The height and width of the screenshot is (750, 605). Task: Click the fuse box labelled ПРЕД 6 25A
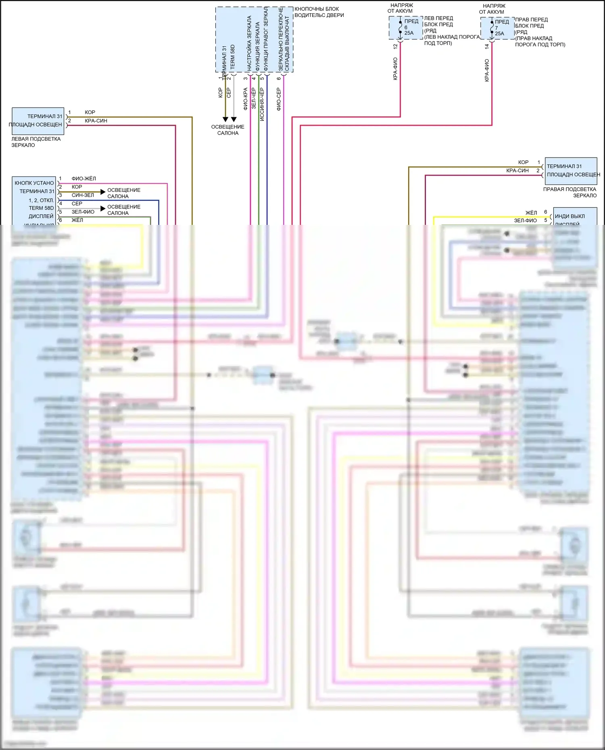coord(406,27)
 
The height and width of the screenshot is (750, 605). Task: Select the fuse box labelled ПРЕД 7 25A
coord(497,28)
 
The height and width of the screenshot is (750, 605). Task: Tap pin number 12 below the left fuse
coord(395,46)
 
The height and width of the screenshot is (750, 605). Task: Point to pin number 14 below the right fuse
coord(487,46)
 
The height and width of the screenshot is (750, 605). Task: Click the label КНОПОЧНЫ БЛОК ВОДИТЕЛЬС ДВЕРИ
coord(319,12)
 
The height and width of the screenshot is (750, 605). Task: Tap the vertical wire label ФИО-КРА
coord(245,99)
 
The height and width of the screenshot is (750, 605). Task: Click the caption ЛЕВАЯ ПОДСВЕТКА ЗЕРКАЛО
coord(35,142)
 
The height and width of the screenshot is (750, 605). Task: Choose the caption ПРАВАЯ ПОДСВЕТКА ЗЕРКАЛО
coord(570,192)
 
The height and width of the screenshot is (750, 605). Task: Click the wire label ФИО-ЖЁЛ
coord(83,179)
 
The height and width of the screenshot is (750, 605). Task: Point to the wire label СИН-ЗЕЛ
coord(83,195)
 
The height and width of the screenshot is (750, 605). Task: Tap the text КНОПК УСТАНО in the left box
coord(34,183)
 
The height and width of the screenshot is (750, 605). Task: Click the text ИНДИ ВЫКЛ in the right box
coord(570,216)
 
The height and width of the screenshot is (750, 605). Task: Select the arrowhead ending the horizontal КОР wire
coord(103,192)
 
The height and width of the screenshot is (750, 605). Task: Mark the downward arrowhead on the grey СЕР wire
coord(234,119)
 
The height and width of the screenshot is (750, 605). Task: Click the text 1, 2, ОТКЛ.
coord(41,200)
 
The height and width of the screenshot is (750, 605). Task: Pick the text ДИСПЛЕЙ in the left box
coord(41,216)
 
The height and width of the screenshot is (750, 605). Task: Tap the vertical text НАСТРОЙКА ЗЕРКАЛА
coord(249,44)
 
